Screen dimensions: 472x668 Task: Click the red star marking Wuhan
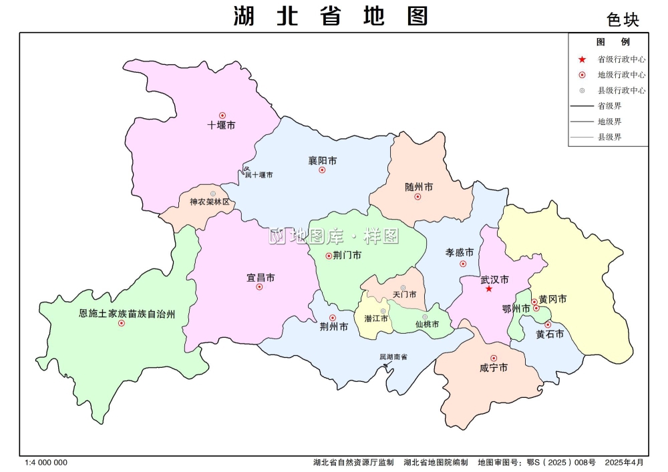(489, 289)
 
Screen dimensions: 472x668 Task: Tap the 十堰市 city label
(221, 125)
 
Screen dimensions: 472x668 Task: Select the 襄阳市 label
(322, 160)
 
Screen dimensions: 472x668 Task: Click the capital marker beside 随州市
(417, 197)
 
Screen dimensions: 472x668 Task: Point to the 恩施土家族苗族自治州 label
(127, 313)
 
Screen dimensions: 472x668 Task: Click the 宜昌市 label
(261, 277)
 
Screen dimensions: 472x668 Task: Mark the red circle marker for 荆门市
(328, 256)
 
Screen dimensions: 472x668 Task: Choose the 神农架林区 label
(209, 202)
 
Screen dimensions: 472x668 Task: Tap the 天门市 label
(405, 294)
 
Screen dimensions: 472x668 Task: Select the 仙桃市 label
(427, 324)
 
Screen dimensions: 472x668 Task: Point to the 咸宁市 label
(494, 368)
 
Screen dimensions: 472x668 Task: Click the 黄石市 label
(550, 334)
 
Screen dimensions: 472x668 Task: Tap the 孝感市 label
(460, 253)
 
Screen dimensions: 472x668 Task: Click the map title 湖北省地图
(331, 15)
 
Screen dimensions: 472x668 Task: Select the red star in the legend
(582, 59)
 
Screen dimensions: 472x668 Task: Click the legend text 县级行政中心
(621, 90)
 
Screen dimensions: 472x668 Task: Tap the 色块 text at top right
(623, 20)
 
